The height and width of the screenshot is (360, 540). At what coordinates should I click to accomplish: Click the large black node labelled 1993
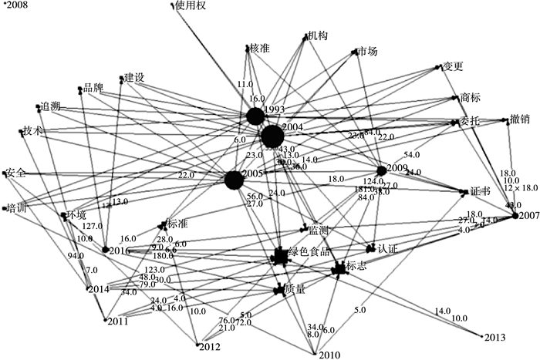pos(255,116)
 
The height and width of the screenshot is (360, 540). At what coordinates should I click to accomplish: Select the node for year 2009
pos(381,170)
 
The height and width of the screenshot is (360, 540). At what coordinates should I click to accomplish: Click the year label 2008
pos(15,5)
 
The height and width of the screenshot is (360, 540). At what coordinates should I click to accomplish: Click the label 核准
pos(259,49)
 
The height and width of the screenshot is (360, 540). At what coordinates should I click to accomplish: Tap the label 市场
pos(368,52)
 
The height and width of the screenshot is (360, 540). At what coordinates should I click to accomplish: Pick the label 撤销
pos(520,119)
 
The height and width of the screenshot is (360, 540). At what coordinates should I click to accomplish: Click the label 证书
pos(481,190)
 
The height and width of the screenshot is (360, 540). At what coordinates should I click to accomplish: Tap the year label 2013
pos(495,337)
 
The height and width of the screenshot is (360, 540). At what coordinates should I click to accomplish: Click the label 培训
pos(16,207)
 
